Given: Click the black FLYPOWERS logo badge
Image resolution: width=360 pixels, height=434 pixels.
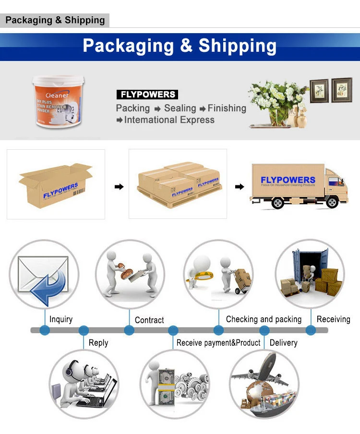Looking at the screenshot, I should coord(147,95).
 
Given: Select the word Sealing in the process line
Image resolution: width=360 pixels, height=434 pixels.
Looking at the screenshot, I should coord(180,108).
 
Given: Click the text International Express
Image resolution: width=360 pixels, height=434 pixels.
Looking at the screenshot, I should coord(169,120).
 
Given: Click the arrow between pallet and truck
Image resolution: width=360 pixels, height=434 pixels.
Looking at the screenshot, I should coord(239,186).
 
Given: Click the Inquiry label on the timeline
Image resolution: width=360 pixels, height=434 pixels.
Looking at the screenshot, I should coord(61,319).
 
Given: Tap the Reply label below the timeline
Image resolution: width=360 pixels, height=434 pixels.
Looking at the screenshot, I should coord(98,343).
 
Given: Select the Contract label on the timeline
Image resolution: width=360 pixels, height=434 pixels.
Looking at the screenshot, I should coord(149,320).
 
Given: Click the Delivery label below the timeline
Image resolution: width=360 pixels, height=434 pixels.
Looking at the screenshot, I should coord(283,343).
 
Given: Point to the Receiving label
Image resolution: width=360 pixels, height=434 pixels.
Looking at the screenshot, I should coord(333,319).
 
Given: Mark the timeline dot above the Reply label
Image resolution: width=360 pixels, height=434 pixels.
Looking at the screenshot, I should coord(84,330).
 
